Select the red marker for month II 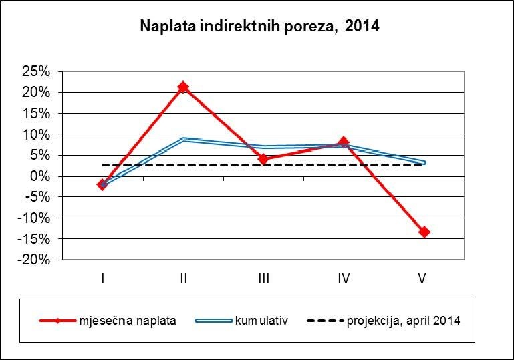point(183,87)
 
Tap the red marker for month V point(424,232)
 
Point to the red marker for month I point(102,184)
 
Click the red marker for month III point(263,159)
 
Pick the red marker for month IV point(344,142)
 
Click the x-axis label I point(102,278)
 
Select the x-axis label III point(263,278)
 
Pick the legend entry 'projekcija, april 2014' point(404,321)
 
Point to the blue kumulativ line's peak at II point(183,139)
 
